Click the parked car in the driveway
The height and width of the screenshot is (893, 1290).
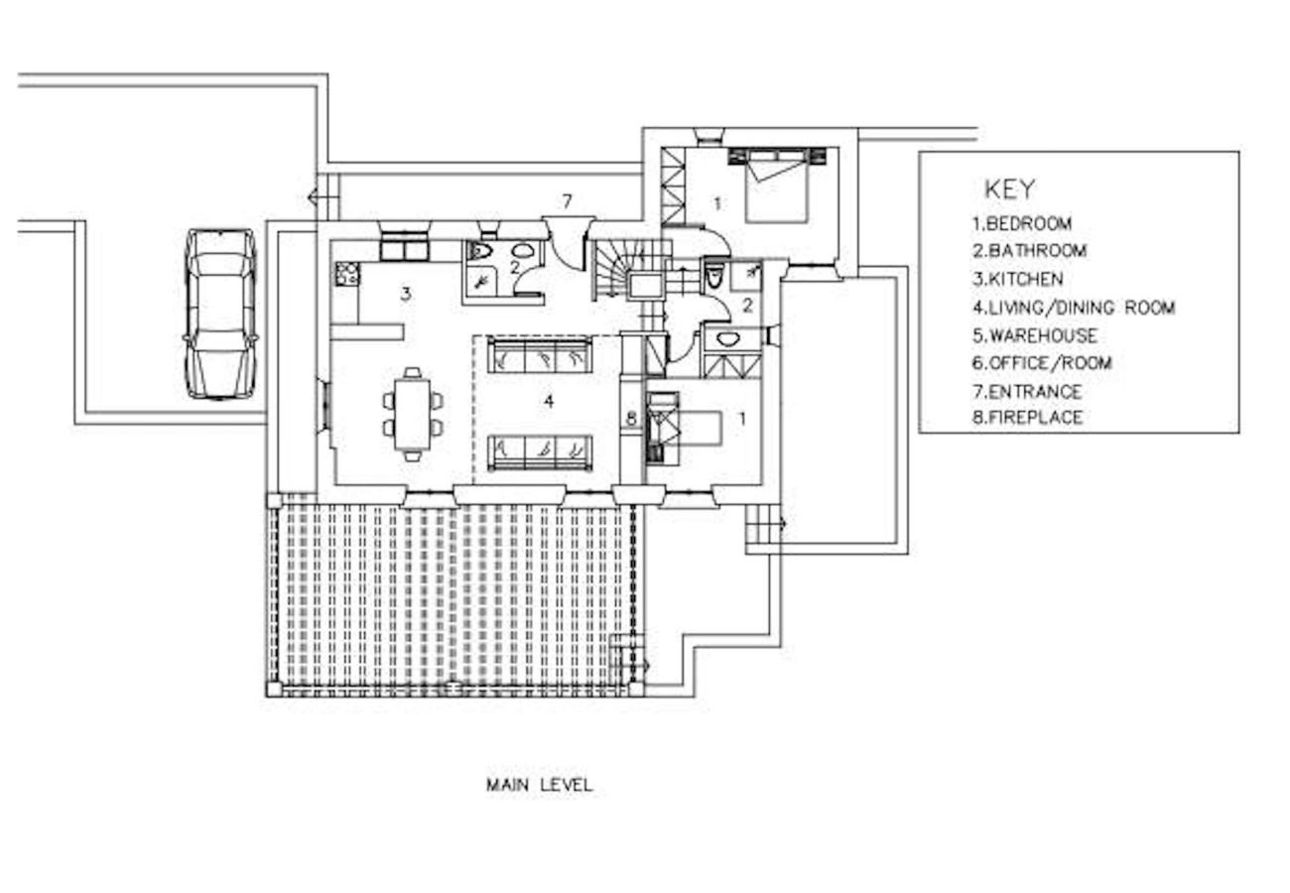[220, 313]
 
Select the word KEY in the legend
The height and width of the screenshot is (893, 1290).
[1009, 189]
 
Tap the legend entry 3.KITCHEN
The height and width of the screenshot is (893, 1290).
[1017, 279]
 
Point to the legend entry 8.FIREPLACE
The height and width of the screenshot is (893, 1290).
[1027, 418]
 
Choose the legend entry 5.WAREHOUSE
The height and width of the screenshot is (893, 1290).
[1034, 335]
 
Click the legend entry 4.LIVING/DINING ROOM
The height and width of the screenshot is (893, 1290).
[1073, 308]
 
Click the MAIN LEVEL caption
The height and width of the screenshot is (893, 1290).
[539, 785]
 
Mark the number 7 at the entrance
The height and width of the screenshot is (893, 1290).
[567, 201]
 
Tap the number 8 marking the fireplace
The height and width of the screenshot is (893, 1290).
[631, 419]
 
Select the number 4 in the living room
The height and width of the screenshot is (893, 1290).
[548, 401]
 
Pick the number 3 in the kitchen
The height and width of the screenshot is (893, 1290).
[405, 293]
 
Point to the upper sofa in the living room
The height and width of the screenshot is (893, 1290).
[541, 354]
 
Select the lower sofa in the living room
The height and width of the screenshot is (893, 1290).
[541, 451]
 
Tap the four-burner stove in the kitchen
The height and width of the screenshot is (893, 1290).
[346, 273]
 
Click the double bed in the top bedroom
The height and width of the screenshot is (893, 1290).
[777, 184]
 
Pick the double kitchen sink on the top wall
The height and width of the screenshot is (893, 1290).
[404, 247]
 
